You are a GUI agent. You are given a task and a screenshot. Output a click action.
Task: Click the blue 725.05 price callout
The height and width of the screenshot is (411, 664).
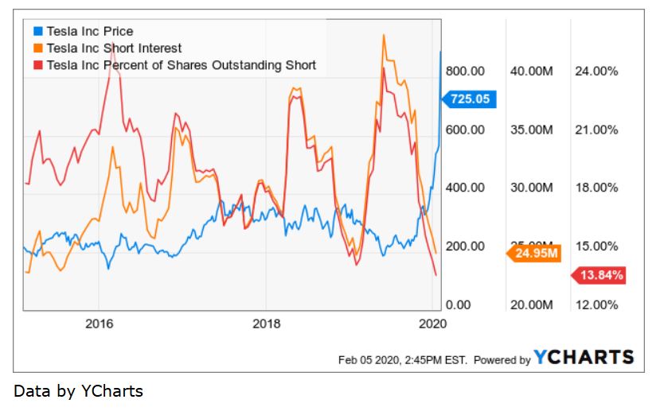click(471, 99)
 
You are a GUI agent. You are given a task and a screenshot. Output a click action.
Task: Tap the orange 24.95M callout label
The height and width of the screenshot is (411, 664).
click(535, 254)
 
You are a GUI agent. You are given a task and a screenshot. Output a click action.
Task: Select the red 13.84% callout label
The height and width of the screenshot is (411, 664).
click(599, 275)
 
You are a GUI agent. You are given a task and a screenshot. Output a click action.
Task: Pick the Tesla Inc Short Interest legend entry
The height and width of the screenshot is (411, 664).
click(114, 48)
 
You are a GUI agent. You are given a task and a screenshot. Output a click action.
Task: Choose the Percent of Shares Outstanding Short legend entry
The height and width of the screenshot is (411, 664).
click(182, 65)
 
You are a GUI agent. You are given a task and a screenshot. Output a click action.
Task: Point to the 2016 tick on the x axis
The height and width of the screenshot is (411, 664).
click(98, 324)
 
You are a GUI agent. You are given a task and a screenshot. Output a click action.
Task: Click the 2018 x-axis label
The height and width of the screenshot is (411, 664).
click(266, 324)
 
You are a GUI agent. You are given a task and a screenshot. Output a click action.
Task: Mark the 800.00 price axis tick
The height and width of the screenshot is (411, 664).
click(466, 71)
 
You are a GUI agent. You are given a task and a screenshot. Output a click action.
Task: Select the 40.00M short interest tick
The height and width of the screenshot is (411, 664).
click(531, 71)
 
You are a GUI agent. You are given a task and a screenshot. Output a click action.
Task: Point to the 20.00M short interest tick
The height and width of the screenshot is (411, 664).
click(531, 304)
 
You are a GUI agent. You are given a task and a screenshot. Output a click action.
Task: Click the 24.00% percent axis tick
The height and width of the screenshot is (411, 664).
click(596, 71)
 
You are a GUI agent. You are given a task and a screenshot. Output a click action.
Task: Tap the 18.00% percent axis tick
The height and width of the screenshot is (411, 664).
click(596, 188)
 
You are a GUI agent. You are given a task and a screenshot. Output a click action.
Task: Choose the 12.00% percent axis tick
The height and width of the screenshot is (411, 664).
click(596, 304)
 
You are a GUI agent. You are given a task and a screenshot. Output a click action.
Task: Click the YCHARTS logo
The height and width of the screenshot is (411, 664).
click(584, 358)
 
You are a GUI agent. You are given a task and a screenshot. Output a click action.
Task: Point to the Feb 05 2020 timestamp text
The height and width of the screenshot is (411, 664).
click(404, 360)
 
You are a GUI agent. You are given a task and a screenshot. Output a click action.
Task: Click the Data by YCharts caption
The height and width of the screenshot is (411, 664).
click(79, 391)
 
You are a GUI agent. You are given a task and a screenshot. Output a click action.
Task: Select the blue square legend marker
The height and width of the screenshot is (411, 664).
click(37, 32)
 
